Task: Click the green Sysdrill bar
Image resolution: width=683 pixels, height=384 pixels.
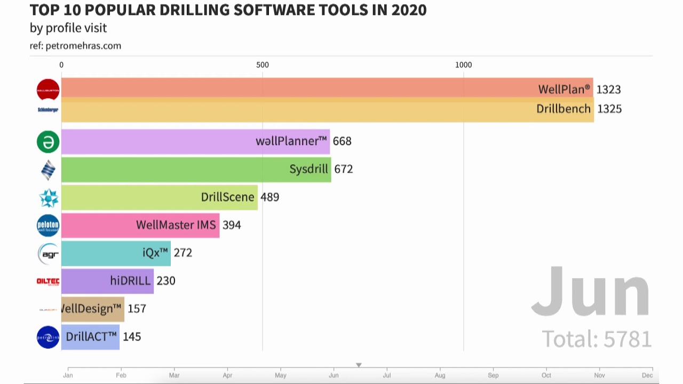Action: pos(196,170)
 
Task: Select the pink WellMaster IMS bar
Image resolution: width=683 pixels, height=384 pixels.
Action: pos(140,225)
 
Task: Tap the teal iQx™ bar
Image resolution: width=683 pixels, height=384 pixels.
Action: pos(116,253)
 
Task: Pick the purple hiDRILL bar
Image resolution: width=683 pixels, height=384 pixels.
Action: pos(107,281)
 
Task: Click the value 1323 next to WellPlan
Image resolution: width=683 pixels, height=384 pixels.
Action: pos(608,90)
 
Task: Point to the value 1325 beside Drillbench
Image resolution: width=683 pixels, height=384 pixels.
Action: pos(609,109)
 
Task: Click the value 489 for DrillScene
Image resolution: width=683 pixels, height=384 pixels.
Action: pos(269,197)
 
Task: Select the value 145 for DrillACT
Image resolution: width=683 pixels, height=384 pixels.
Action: pos(132,337)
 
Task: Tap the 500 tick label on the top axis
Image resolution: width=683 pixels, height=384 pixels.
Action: pos(263,65)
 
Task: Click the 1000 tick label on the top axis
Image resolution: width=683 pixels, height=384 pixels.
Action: pos(463,65)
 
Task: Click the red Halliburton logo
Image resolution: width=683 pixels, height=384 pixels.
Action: pos(48,90)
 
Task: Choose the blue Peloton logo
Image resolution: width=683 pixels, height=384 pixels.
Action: pos(48,226)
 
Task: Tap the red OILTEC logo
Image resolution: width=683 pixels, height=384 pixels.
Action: pos(48,281)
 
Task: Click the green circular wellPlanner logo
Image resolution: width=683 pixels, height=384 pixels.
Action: pos(48,142)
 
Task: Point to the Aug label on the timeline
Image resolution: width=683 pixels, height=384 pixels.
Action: pos(440,375)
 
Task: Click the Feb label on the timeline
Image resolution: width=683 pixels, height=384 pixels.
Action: pos(121,375)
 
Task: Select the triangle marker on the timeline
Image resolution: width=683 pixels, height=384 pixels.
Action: pos(359,365)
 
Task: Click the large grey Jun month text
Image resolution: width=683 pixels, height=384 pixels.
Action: pos(590,292)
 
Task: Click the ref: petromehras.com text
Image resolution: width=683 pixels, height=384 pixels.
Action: pos(75,46)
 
